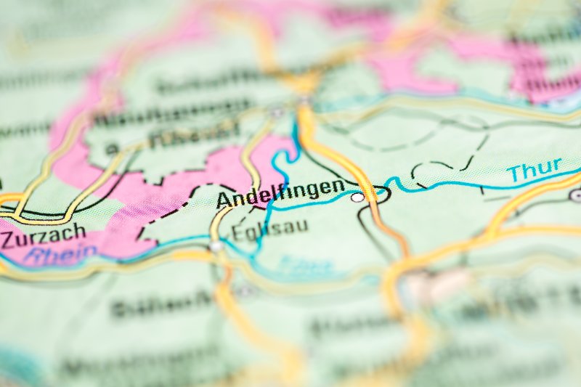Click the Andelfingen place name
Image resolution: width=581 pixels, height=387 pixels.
point(280,191)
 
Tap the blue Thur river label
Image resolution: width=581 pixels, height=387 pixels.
point(535,171)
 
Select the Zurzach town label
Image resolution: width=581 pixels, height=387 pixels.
point(43,236)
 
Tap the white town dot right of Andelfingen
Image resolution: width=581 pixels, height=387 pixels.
point(357,197)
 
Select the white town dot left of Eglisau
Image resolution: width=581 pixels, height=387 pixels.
point(216,246)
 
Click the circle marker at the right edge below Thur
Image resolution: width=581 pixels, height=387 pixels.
point(576,195)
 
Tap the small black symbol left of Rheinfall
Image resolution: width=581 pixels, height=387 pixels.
point(112,149)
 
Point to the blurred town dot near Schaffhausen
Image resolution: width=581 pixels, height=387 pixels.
point(277,113)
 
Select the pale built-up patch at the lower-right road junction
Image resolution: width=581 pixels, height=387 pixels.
point(428,287)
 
